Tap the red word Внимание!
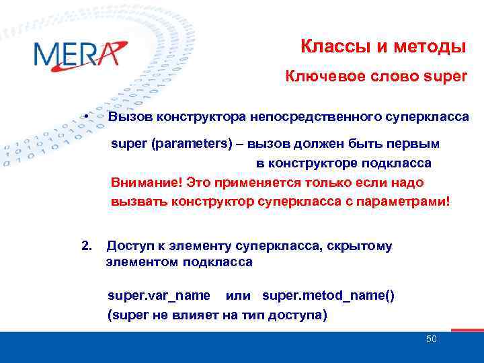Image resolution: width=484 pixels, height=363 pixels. click(146, 182)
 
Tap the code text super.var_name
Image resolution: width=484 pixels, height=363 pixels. click(159, 296)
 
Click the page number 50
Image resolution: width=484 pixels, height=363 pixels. click(431, 339)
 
